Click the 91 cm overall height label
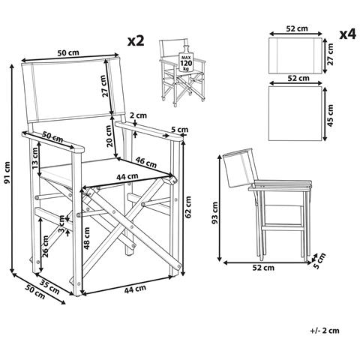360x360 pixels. (7, 172)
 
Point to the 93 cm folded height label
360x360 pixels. (214, 212)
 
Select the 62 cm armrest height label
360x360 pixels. (188, 207)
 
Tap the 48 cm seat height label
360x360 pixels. (87, 238)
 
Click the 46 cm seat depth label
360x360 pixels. (146, 162)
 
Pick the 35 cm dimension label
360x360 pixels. (49, 286)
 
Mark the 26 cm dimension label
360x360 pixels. (45, 246)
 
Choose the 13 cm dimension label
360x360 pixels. (34, 157)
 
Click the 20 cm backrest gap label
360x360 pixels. (109, 136)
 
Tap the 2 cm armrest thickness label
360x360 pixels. (138, 115)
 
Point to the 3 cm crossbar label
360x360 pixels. (61, 224)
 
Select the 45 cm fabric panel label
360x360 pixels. (331, 115)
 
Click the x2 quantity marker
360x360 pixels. (136, 40)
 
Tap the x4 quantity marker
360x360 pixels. (347, 34)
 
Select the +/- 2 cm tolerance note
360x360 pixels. (325, 331)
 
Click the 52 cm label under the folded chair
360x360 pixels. (263, 268)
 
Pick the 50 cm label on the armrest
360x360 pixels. (52, 136)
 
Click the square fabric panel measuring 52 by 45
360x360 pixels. (295, 113)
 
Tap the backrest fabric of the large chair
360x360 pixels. (73, 91)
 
